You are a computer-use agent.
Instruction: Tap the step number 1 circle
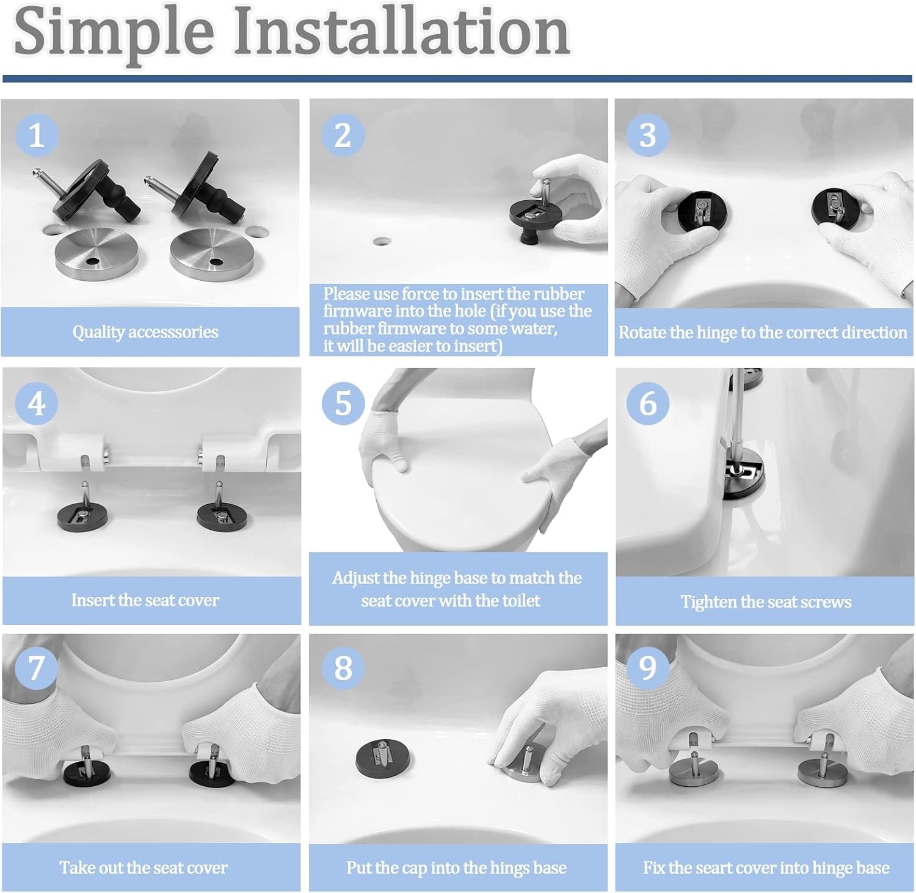click(37, 135)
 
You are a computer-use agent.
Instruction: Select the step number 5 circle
click(343, 403)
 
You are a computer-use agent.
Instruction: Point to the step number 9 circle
click(647, 668)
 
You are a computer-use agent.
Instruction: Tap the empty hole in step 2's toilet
click(382, 240)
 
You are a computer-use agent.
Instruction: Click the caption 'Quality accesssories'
click(145, 332)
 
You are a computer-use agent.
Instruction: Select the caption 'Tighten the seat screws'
click(766, 602)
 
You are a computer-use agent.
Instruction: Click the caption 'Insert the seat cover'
click(145, 600)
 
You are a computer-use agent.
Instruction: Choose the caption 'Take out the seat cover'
click(144, 867)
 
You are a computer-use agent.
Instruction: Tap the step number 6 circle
click(647, 403)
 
